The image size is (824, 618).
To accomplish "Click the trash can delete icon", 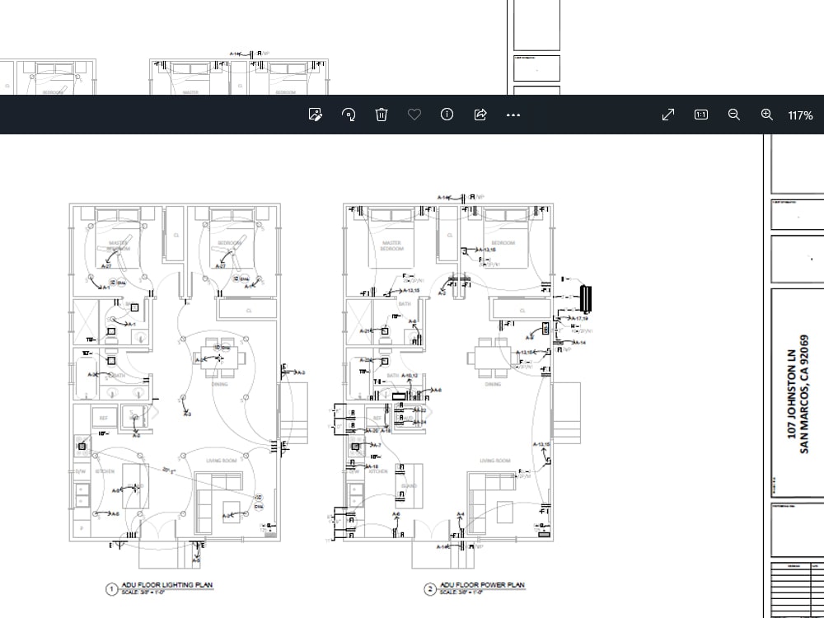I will click(382, 115).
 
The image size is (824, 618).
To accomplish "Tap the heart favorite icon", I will click(414, 115).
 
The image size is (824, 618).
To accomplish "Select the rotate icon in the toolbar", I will click(349, 115).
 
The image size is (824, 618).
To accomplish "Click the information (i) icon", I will click(447, 115).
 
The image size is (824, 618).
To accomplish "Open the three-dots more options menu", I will click(513, 115).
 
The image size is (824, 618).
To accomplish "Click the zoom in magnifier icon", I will click(767, 115).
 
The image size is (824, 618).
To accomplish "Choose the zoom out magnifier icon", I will click(734, 115).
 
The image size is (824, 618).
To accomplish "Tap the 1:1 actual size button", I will click(701, 115).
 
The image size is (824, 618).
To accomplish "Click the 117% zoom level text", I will click(800, 115).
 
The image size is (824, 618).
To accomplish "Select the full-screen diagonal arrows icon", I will click(668, 115).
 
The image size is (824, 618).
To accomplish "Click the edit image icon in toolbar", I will click(315, 115).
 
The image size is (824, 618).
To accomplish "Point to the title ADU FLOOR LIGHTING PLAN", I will click(166, 585).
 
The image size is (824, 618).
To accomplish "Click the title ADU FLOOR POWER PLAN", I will click(482, 585).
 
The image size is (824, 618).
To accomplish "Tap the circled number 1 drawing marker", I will click(111, 588).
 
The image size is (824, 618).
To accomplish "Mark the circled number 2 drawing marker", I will click(430, 588).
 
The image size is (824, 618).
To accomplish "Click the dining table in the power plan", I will click(483, 357).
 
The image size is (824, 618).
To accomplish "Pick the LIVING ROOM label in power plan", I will click(494, 461).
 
